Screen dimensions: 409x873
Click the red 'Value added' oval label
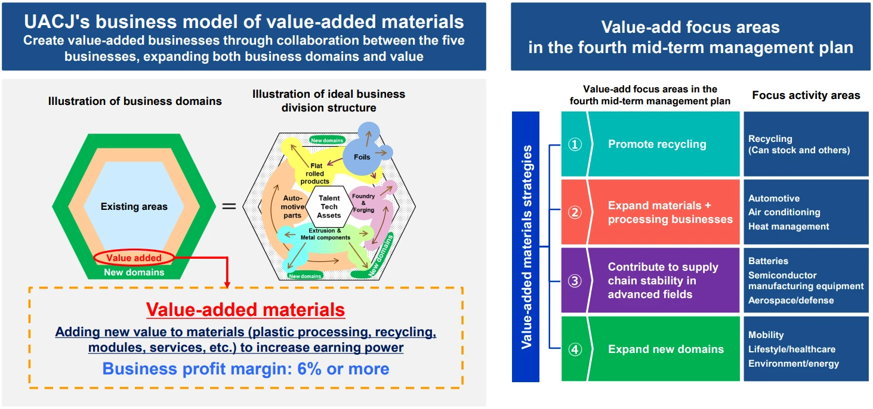[x=134, y=258]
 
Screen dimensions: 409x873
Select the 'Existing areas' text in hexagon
[x=134, y=207]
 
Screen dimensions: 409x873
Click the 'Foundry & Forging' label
[x=363, y=203]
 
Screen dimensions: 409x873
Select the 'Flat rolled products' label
[x=315, y=173]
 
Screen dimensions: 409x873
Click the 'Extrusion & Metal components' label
[x=325, y=234]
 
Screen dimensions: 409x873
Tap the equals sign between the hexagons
[x=229, y=207]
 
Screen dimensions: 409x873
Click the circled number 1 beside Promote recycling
[x=575, y=144]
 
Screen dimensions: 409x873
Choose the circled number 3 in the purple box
[x=575, y=281]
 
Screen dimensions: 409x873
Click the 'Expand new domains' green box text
[x=665, y=349]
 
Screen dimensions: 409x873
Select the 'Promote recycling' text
[x=656, y=144]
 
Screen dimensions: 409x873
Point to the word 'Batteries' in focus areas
[x=768, y=261]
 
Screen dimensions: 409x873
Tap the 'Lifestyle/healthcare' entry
[x=791, y=349]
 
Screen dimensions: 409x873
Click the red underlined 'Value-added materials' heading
[x=245, y=310]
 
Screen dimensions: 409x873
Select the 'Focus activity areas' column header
[x=806, y=95]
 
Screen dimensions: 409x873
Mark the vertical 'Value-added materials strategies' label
[x=526, y=247]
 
